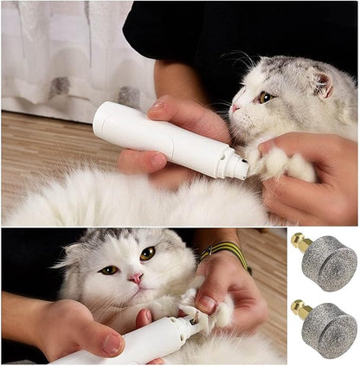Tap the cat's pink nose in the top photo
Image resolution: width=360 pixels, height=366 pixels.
pos(235,109)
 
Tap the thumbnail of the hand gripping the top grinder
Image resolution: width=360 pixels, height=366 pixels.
pos(157,107)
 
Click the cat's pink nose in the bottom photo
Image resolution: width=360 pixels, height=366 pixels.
pos(136,279)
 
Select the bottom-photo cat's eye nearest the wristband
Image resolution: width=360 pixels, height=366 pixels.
pos(148,254)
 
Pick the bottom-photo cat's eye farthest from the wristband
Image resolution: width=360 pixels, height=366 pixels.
pos(109,270)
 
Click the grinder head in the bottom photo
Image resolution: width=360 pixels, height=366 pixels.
pos(198,323)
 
